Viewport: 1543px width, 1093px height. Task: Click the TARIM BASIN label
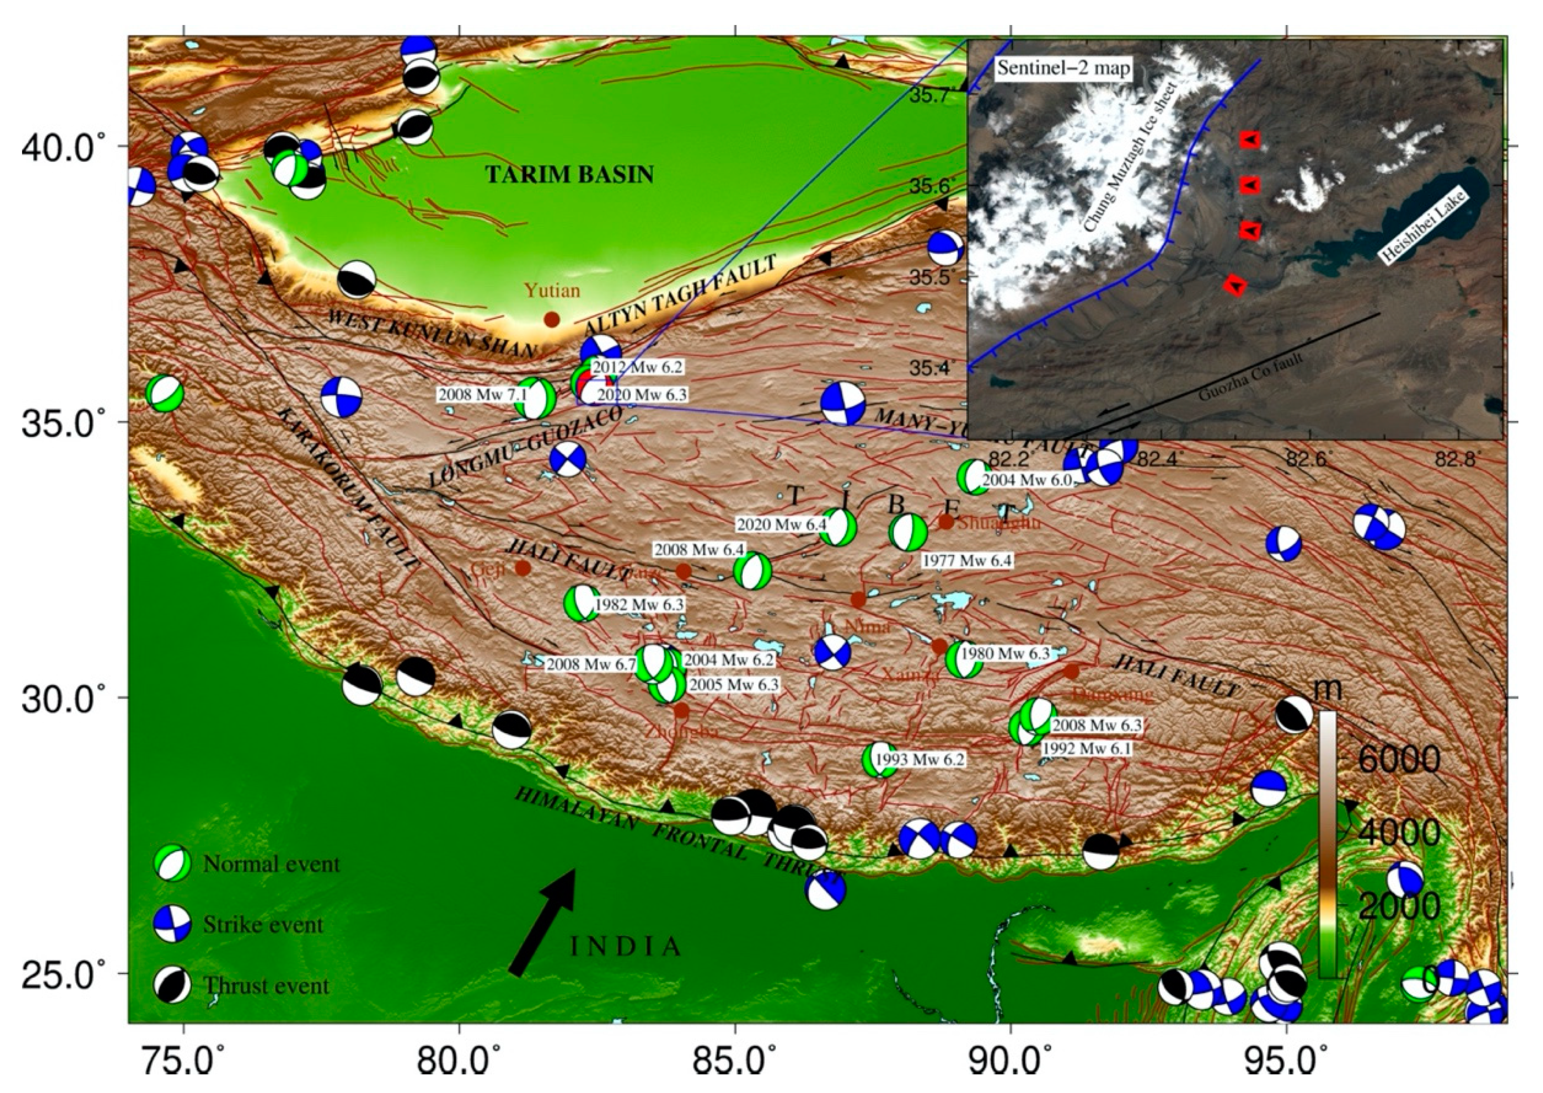click(569, 175)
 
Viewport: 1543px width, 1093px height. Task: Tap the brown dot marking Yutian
click(552, 320)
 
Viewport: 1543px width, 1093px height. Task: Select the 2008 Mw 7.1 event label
click(474, 394)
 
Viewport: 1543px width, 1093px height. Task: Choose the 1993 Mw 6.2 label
click(919, 760)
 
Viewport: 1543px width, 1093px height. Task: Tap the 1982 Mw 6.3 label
click(639, 604)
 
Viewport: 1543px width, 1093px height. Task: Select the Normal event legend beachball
click(173, 863)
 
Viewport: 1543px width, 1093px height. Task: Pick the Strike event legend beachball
click(173, 924)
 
